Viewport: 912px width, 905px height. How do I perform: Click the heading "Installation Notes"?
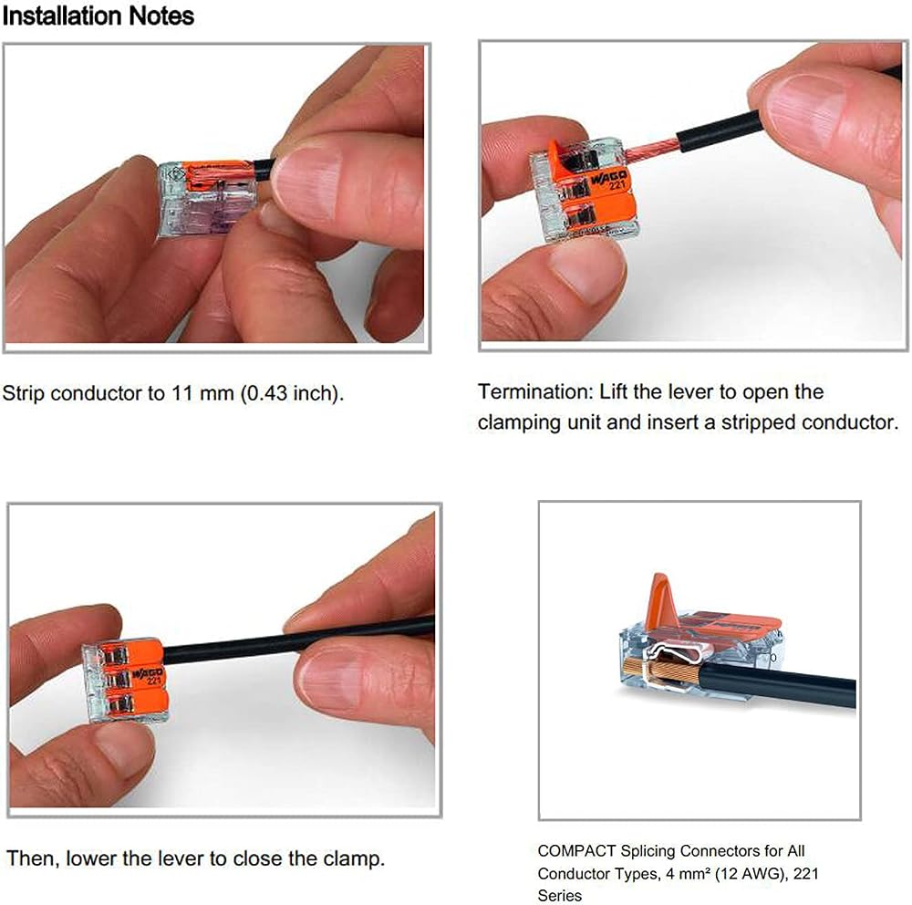pos(98,16)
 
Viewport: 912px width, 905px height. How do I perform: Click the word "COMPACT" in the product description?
pos(576,851)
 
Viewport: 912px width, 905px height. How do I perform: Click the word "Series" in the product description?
pos(560,895)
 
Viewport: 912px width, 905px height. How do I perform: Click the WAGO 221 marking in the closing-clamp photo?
pos(150,676)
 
